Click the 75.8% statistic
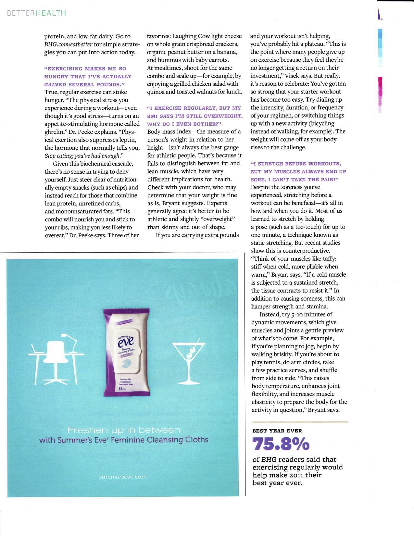point(281,444)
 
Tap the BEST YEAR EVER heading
point(277,431)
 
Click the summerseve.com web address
point(123,477)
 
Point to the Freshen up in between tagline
point(123,430)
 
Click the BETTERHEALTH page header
point(36,13)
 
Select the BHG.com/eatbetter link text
point(69,44)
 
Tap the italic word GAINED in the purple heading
point(55,84)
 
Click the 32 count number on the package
point(120,389)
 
